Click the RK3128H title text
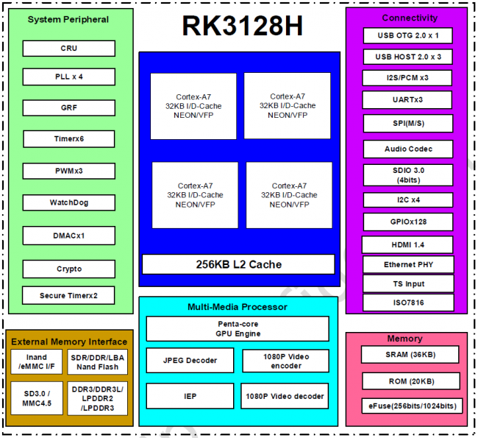point(242,26)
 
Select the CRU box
point(68,49)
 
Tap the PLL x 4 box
point(68,77)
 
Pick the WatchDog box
point(68,202)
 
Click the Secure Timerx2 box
point(68,296)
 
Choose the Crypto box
point(68,269)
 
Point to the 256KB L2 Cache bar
point(238,264)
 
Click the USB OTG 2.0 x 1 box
point(407,35)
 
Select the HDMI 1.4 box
point(407,244)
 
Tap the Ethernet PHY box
point(408,264)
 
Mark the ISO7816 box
point(408,302)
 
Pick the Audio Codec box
point(408,149)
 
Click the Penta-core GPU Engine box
point(238,328)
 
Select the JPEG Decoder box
point(190,361)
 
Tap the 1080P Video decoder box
point(285,396)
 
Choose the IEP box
point(190,396)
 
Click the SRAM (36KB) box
point(407,354)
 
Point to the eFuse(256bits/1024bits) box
point(408,406)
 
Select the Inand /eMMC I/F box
point(36,361)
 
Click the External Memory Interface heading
point(69,342)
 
